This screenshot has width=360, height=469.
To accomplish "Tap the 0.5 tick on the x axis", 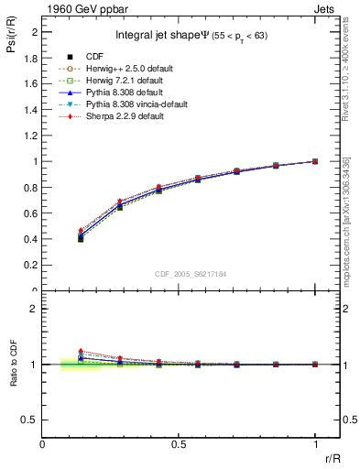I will pyautogui.click(x=179, y=444).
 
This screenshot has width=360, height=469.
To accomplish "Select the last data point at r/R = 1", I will pyautogui.click(x=315, y=161).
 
